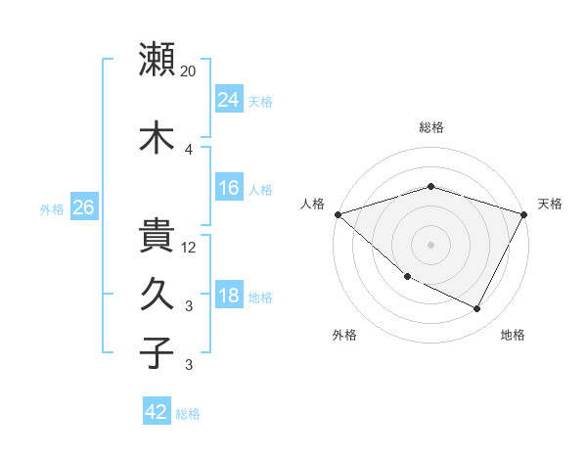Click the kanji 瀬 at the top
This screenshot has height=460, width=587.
click(158, 60)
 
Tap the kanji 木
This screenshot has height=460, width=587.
click(158, 137)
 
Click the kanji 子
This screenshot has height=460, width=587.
click(158, 352)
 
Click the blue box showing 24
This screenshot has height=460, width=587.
click(229, 100)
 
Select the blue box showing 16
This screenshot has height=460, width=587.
click(229, 188)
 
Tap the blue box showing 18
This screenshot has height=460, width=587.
click(229, 296)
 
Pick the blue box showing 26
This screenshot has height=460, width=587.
click(83, 207)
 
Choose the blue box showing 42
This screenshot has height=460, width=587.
click(157, 412)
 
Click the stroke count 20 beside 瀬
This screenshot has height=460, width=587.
click(189, 70)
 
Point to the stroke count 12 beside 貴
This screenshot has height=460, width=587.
click(190, 248)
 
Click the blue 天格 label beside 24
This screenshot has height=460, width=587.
click(260, 101)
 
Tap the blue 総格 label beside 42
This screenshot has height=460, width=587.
click(188, 413)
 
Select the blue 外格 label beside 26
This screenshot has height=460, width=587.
click(52, 208)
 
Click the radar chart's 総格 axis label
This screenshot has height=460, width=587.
click(431, 127)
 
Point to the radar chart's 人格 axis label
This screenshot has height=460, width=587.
click(313, 204)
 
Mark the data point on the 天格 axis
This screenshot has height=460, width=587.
click(525, 213)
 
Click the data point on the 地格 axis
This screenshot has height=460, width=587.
click(477, 309)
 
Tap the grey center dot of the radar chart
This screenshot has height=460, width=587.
click(431, 245)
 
